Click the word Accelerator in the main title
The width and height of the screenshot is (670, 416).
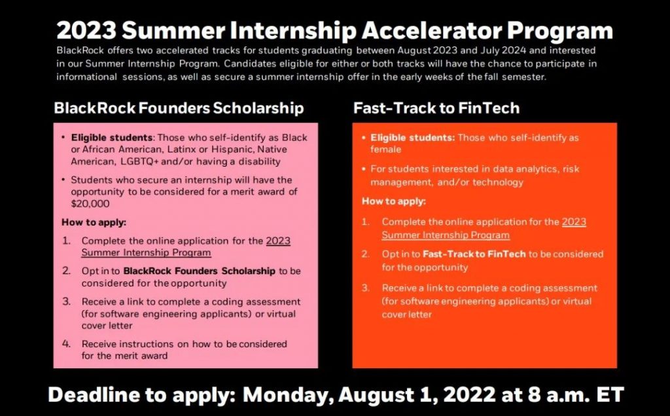[431, 31]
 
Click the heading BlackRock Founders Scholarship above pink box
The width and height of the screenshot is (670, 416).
[179, 108]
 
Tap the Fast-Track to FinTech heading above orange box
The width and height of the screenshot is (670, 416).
[436, 108]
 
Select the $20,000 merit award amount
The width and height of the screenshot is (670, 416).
[90, 203]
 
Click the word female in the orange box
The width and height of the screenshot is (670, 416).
[385, 150]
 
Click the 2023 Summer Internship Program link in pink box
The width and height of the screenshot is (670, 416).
[186, 247]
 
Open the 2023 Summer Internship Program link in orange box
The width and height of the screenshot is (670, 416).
[484, 228]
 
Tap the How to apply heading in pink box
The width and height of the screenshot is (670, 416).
[94, 222]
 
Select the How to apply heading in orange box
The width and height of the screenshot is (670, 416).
[394, 201]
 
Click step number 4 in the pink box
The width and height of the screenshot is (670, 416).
[66, 344]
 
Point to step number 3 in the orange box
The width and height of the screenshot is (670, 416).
[365, 288]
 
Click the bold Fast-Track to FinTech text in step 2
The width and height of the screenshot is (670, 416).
[474, 254]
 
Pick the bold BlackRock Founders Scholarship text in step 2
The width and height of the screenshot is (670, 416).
[199, 271]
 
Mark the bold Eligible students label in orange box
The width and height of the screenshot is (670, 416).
[412, 137]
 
